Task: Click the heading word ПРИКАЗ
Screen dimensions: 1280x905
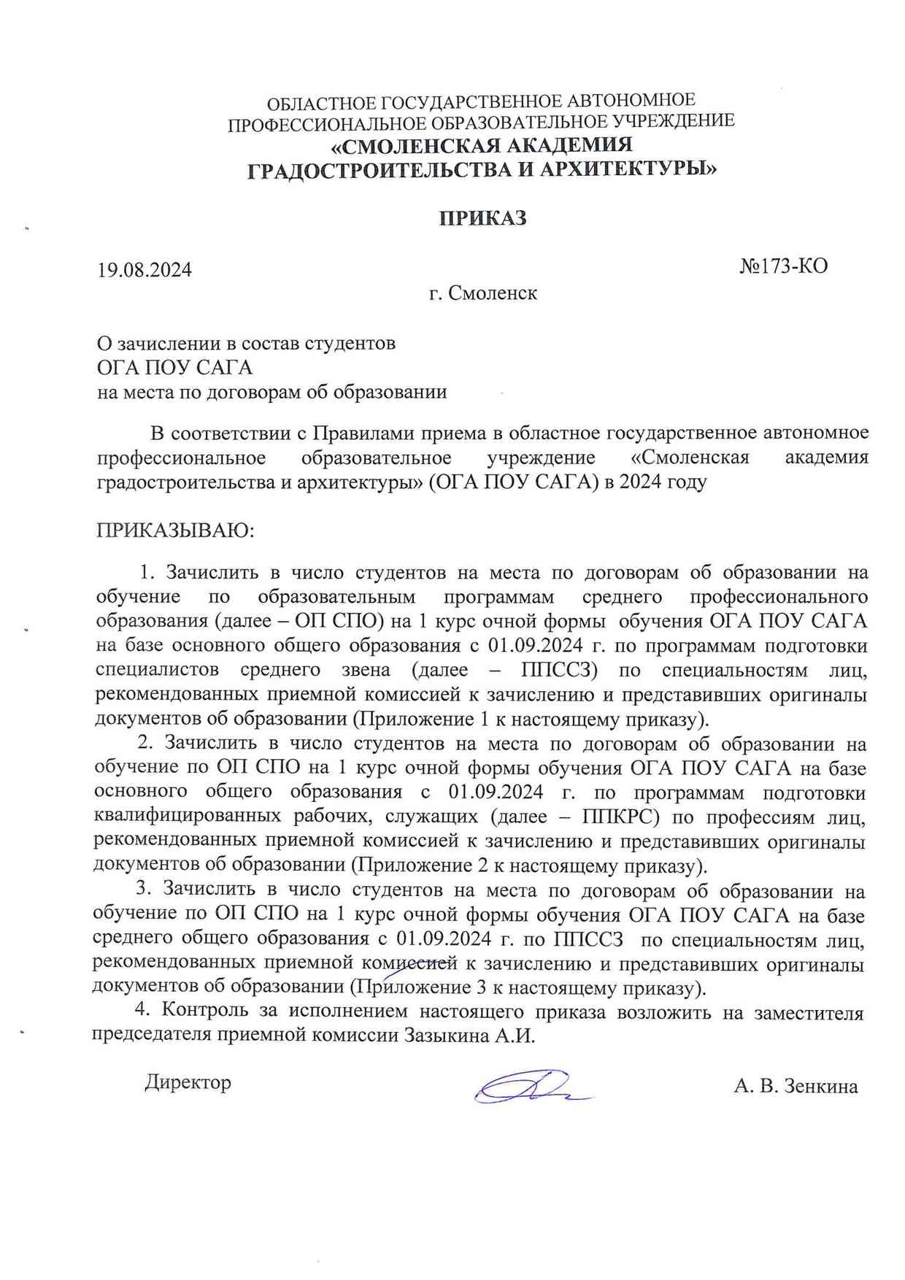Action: coord(482,218)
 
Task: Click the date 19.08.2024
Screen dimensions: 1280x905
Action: coord(145,270)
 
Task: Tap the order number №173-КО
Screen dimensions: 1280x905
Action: coord(783,266)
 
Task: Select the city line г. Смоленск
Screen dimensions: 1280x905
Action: coord(482,293)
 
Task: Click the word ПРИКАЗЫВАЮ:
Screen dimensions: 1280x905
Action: coord(175,530)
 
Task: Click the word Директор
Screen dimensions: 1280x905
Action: coord(188,1082)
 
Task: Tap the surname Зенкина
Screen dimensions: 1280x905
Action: coord(820,1087)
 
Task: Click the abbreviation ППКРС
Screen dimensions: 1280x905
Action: coord(622,817)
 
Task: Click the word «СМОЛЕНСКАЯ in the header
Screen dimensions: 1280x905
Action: coord(412,145)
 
